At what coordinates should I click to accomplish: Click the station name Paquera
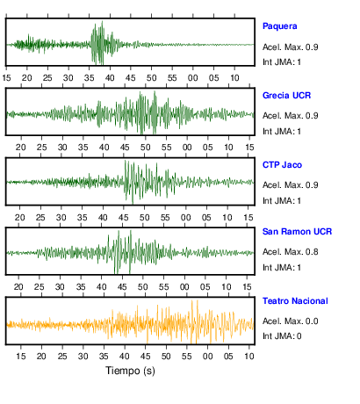pos(280,26)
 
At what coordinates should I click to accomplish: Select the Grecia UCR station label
pos(286,96)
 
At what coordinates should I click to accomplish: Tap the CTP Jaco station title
pos(282,165)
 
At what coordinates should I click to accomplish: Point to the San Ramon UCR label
pos(297,232)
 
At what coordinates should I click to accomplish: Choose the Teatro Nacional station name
pos(295,301)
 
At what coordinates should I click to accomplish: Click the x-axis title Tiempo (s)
pos(130,371)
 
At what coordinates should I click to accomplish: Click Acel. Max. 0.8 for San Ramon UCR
pos(290,252)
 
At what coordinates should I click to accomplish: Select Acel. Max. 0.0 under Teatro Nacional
pos(290,321)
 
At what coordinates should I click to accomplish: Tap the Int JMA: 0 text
pos(282,336)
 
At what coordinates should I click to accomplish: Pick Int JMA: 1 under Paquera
pos(282,62)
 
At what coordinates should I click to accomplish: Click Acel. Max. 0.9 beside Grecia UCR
pos(290,116)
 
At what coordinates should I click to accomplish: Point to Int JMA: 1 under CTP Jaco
pos(282,201)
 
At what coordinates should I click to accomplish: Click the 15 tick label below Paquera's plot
pos(6,78)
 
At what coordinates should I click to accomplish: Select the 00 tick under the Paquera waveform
pos(192,78)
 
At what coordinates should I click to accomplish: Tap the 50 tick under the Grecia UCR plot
pos(146,147)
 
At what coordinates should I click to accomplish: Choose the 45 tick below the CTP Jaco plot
pos(124,218)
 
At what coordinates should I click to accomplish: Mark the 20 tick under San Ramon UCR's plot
pos(18,287)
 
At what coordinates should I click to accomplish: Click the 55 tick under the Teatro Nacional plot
pos(187,357)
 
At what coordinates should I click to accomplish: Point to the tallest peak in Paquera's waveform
pos(102,21)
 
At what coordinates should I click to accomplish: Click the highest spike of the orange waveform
pos(192,300)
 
